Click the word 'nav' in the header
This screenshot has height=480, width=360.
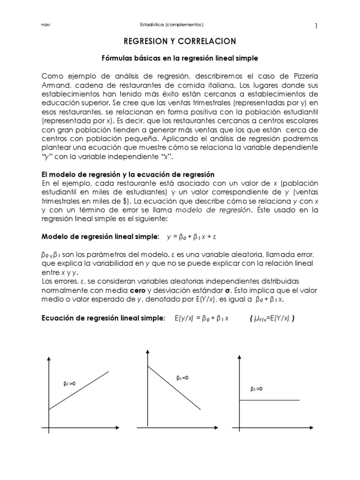[x=45, y=24]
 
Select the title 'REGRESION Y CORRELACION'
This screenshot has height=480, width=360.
[x=180, y=42]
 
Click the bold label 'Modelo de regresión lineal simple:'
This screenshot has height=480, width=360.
[x=101, y=237]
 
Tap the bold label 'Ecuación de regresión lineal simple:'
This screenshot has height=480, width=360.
[x=104, y=319]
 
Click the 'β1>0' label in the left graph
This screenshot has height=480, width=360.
[x=69, y=383]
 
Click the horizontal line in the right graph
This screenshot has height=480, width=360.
[x=269, y=400]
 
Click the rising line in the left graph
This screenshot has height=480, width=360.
[x=79, y=390]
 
